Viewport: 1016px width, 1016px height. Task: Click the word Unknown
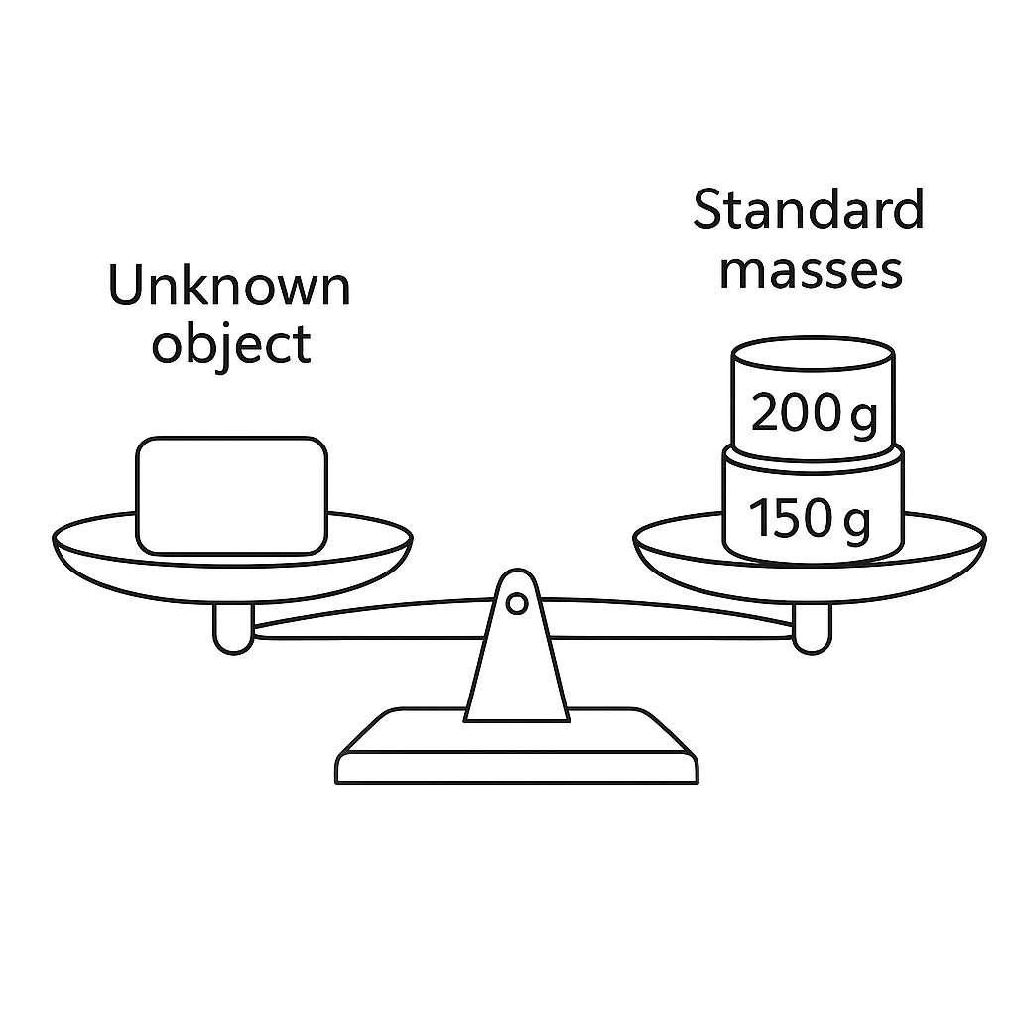pos(229,285)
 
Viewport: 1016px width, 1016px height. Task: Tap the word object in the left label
pos(231,344)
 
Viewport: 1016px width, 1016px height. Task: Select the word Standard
pos(809,209)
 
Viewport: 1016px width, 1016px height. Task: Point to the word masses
pos(812,272)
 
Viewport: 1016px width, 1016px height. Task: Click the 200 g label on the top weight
pos(815,414)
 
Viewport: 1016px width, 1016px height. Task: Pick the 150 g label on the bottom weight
pos(810,518)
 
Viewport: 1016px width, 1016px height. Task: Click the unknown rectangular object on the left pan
pos(231,496)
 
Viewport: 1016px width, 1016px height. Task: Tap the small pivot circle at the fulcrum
pos(516,604)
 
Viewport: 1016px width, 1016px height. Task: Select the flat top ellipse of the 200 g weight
pos(814,354)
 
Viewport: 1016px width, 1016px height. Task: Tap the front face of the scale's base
pos(516,769)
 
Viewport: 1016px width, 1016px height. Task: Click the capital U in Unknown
pos(126,284)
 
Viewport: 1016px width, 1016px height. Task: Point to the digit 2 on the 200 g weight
pos(766,412)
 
